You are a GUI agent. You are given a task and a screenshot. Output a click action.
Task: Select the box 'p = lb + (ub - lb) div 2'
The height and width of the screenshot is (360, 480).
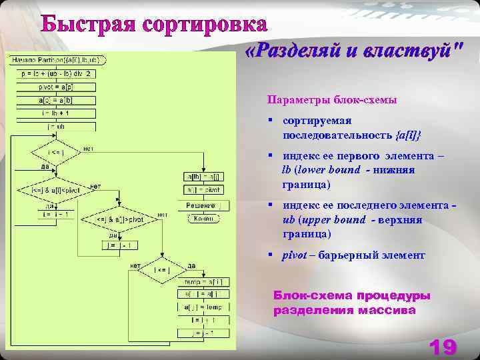pyautogui.click(x=57, y=73)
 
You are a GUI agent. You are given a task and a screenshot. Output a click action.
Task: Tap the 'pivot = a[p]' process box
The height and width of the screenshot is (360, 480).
pyautogui.click(x=57, y=87)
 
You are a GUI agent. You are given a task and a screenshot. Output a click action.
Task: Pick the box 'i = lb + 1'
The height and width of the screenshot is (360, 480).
pyautogui.click(x=57, y=113)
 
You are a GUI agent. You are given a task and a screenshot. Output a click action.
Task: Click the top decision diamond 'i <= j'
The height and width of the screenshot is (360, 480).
pyautogui.click(x=56, y=153)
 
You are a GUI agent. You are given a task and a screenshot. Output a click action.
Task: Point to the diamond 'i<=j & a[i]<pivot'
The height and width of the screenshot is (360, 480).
pyautogui.click(x=55, y=190)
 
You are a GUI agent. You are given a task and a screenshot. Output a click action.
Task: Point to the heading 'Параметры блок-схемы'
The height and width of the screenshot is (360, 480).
pyautogui.click(x=332, y=100)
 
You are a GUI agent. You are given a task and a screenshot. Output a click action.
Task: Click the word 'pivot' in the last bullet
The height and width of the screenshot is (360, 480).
pyautogui.click(x=294, y=255)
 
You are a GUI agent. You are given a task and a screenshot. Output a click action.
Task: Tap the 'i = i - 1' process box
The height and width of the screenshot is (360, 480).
pyautogui.click(x=56, y=214)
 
